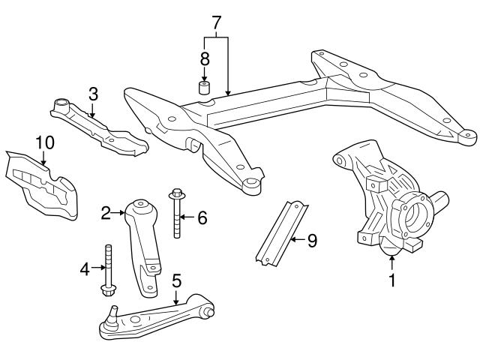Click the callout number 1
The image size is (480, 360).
tap(391, 283)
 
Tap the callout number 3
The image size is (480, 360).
tap(93, 94)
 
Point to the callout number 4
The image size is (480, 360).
tap(84, 267)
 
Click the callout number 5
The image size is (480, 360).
tap(176, 281)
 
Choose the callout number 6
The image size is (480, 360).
tap(201, 218)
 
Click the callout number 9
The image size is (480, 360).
tap(312, 241)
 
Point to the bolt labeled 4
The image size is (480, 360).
tap(109, 270)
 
